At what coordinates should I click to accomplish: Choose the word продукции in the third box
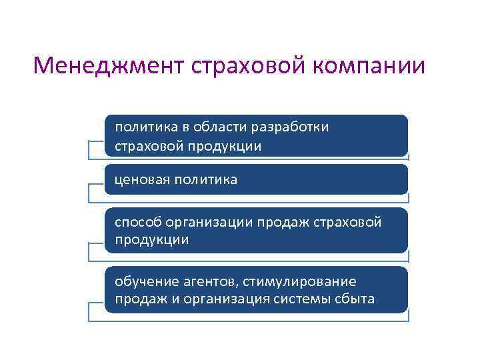pos(151,240)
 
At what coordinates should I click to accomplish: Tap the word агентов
pos(205,281)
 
